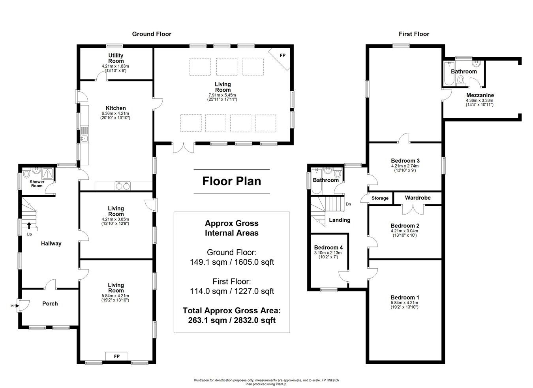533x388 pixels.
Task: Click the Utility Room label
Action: [116, 58]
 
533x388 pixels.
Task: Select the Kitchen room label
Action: [116, 108]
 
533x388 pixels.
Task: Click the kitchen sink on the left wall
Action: [84, 138]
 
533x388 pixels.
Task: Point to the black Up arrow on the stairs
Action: [29, 226]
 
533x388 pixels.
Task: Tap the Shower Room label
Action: [37, 184]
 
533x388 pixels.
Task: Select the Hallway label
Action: [51, 243]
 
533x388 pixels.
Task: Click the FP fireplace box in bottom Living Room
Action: [117, 356]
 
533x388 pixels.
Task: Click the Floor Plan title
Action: [232, 181]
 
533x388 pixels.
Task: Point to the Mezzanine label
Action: [480, 95]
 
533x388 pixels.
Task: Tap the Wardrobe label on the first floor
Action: [418, 198]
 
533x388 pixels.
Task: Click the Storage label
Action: [380, 198]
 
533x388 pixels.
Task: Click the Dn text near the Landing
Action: [348, 204]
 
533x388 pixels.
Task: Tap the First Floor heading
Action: [414, 34]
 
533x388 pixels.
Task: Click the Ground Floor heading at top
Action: [152, 34]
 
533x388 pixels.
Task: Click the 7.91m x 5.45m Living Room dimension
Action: [223, 95]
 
